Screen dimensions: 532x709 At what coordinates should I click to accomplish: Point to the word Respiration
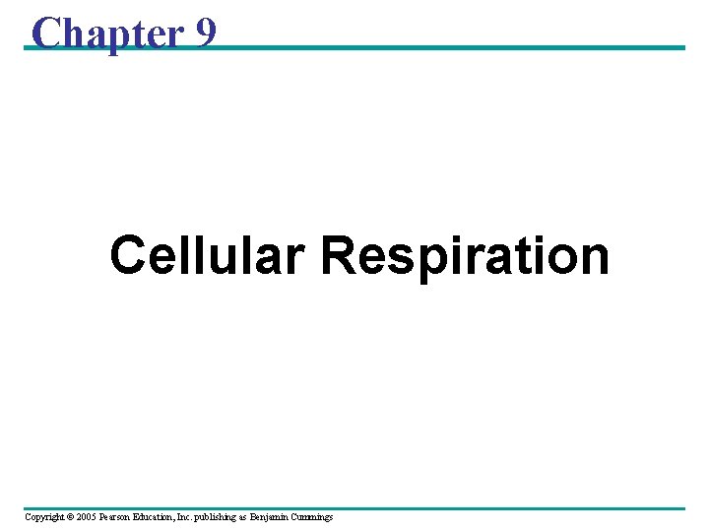coord(465,256)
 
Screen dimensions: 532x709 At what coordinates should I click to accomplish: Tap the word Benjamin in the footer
coord(274,517)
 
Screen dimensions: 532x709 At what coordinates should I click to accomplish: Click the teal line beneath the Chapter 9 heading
coord(443,47)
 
